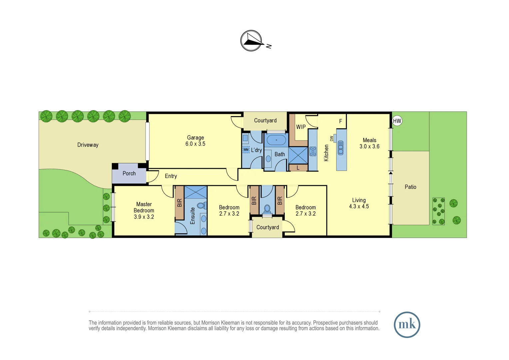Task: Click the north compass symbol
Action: (251, 41)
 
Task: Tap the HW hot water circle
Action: (397, 121)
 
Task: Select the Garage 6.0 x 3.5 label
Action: (195, 141)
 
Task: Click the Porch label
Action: (129, 173)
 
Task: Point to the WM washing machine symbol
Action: (246, 150)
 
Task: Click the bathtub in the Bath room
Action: (276, 140)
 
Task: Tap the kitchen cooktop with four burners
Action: (313, 151)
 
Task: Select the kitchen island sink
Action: (340, 148)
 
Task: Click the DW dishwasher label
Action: (331, 138)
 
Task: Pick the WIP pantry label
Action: (301, 127)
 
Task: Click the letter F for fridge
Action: (340, 121)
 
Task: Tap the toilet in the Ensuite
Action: (201, 205)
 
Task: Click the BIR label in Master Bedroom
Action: (180, 203)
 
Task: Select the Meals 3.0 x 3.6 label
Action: (369, 143)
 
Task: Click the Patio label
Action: (410, 187)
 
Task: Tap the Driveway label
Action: (88, 145)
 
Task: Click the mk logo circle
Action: (407, 325)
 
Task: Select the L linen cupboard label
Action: (298, 168)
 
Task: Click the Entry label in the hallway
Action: (171, 176)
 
